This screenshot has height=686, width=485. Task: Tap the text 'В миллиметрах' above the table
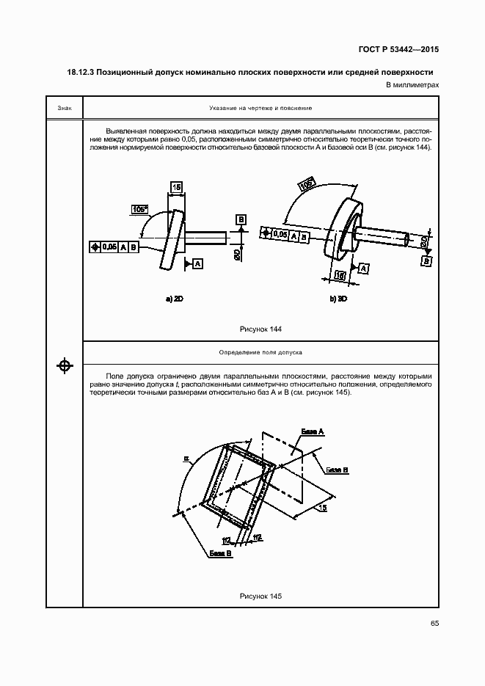pyautogui.click(x=412, y=86)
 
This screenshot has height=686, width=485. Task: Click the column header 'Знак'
pyautogui.click(x=64, y=108)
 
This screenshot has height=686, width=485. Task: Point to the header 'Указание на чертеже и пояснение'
pyautogui.click(x=260, y=108)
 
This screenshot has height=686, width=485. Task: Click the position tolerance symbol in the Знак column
pyautogui.click(x=65, y=365)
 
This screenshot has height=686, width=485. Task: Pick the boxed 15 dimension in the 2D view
pyautogui.click(x=176, y=187)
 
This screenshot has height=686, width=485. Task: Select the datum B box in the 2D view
pyautogui.click(x=241, y=219)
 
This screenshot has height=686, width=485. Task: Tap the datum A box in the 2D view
pyautogui.click(x=200, y=262)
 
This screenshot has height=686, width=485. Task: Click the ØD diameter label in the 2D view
pyautogui.click(x=237, y=254)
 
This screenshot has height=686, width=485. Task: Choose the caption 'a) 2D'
pyautogui.click(x=175, y=299)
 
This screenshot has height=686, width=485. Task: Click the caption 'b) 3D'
pyautogui.click(x=338, y=299)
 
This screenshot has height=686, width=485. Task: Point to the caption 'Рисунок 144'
pyautogui.click(x=260, y=328)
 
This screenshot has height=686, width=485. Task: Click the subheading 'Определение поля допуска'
pyautogui.click(x=260, y=353)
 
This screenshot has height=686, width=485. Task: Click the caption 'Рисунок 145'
pyautogui.click(x=260, y=596)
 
